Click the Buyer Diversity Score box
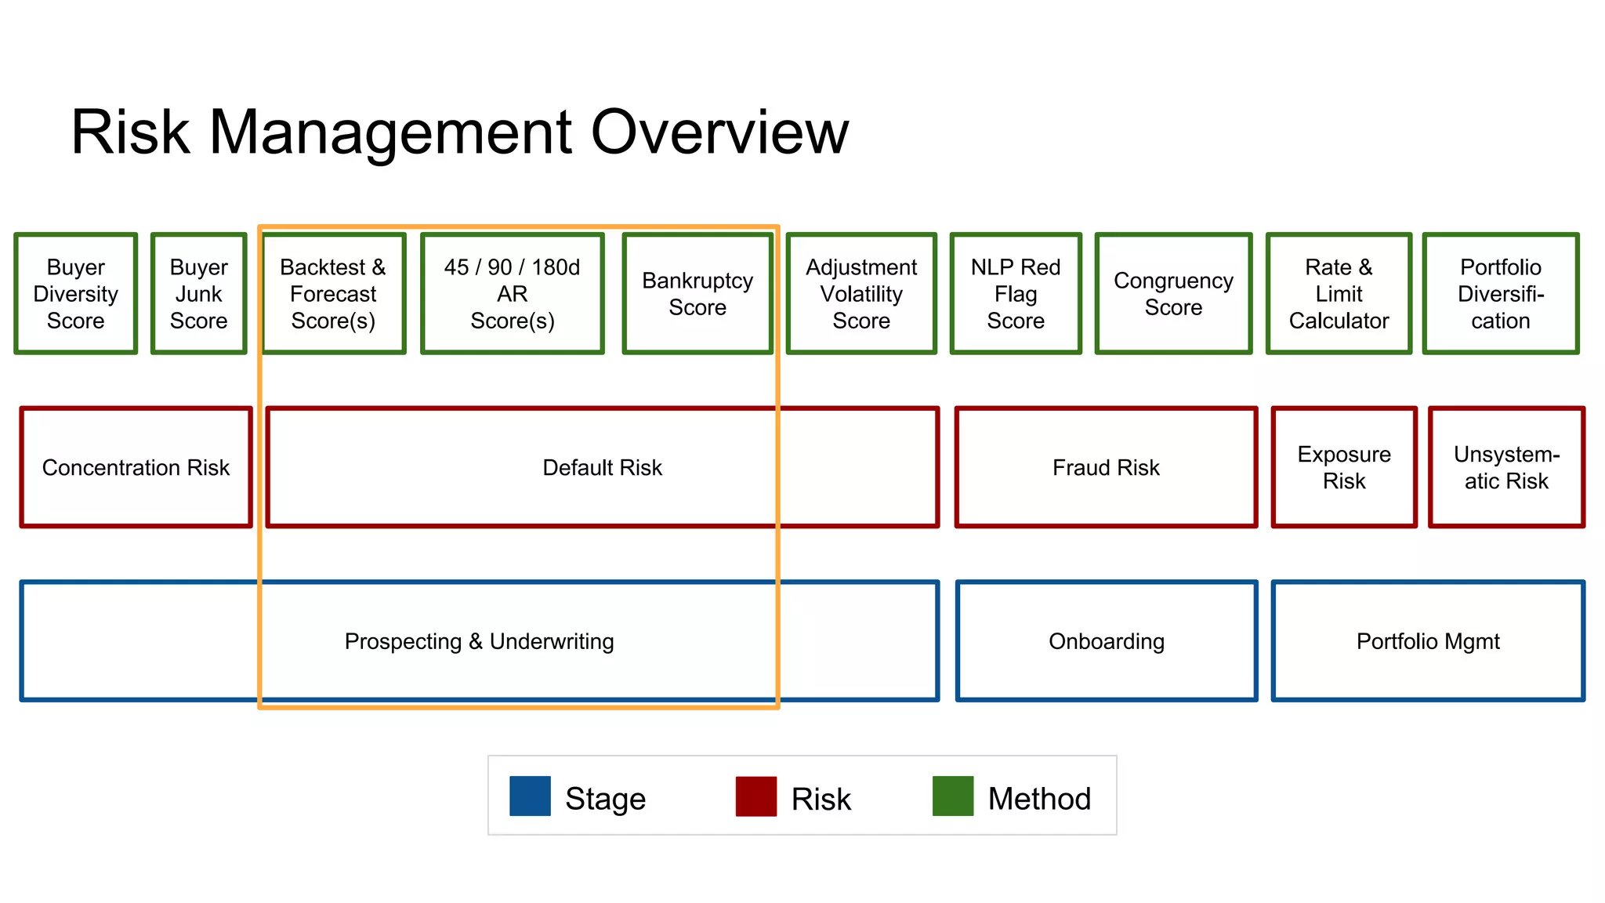[x=76, y=293]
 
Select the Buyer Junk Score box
[x=199, y=293]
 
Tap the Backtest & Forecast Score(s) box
[x=333, y=293]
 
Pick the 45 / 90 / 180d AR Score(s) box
[x=513, y=293]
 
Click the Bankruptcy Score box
[x=697, y=293]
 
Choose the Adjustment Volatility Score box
[x=861, y=293]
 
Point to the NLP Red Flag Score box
[x=1016, y=293]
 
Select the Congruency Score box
[x=1173, y=293]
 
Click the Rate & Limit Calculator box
[x=1339, y=293]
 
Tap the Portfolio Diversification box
[x=1501, y=293]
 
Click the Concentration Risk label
[x=136, y=468]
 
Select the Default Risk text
[x=602, y=468]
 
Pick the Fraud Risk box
[x=1106, y=468]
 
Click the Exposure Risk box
[x=1344, y=468]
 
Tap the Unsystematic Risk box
[x=1506, y=468]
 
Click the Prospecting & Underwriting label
[x=479, y=642]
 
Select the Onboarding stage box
[x=1106, y=642]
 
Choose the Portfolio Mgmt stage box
[x=1428, y=642]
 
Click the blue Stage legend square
[x=530, y=796]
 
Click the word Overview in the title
[x=719, y=132]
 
